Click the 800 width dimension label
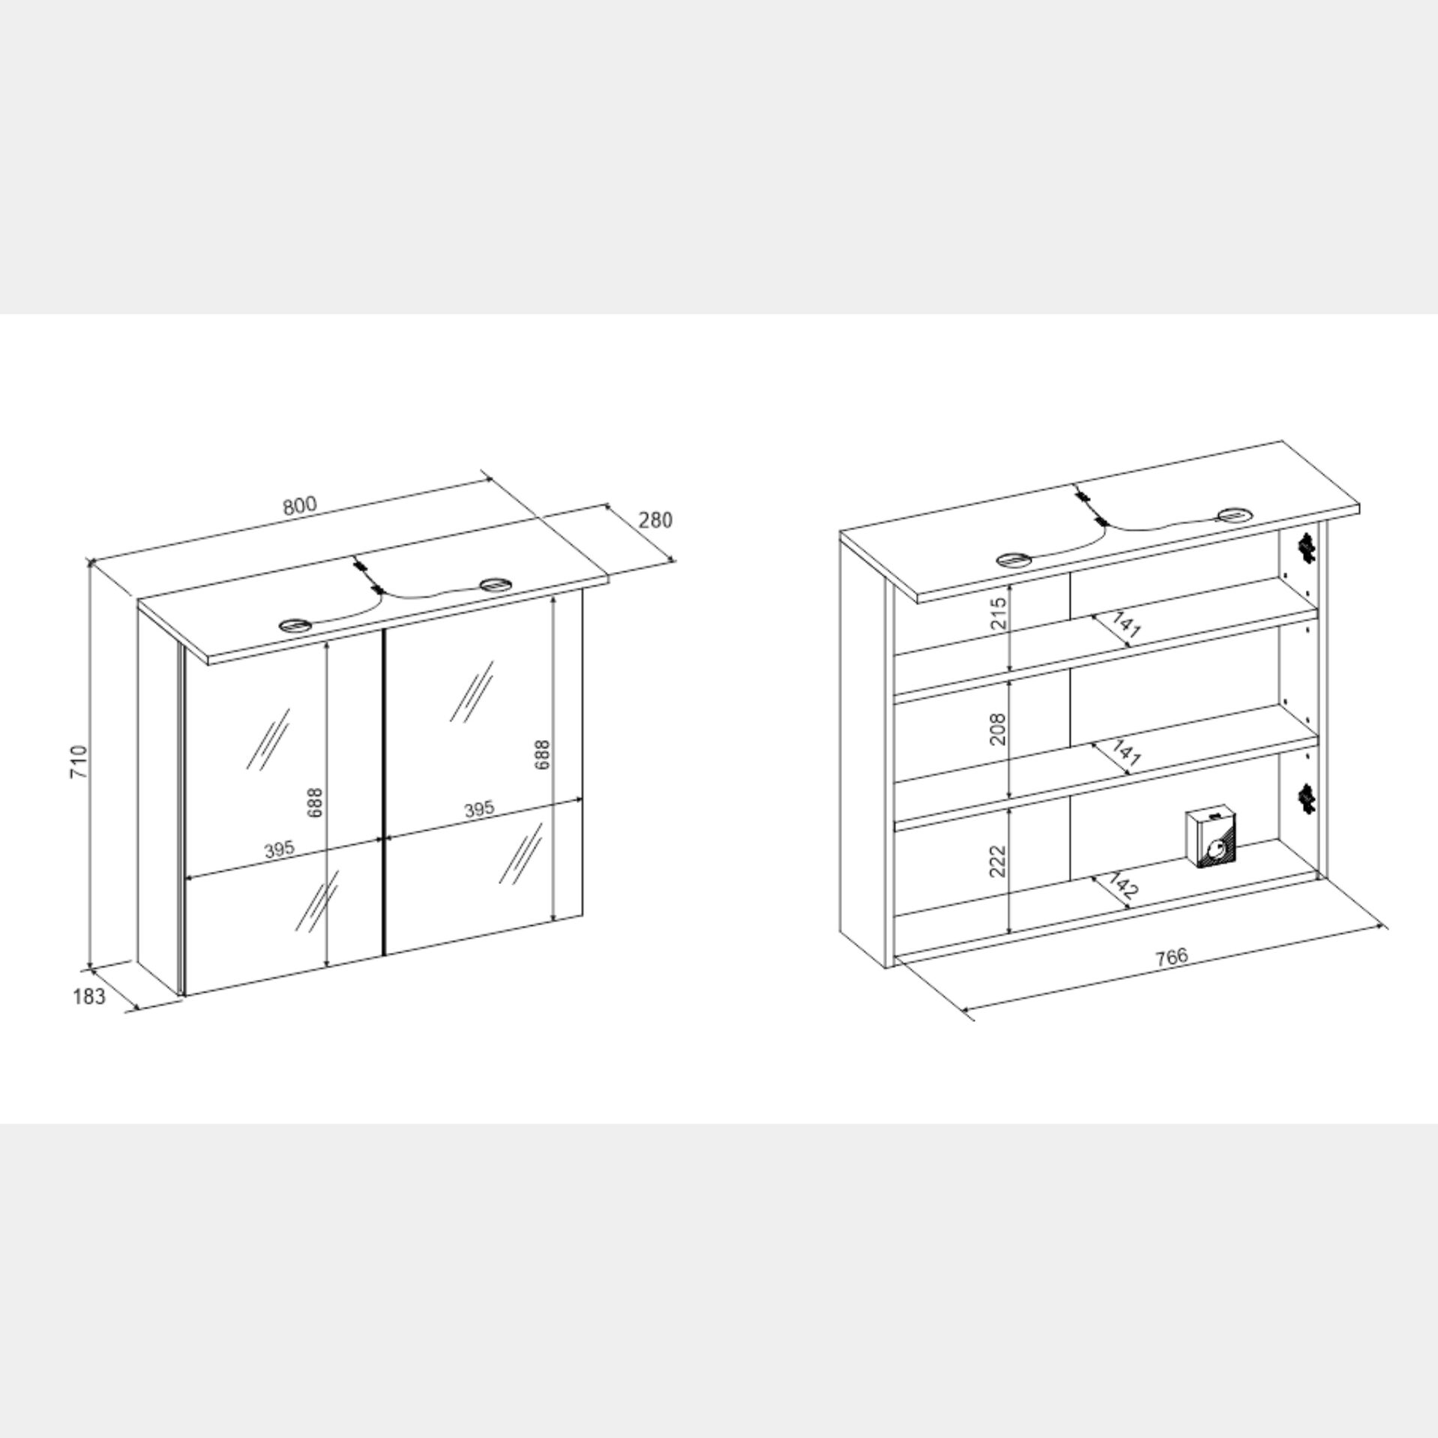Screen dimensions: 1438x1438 301,505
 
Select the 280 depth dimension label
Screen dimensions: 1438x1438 656,520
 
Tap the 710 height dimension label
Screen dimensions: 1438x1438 79,761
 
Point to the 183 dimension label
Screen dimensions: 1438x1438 89,996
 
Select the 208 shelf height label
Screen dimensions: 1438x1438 998,729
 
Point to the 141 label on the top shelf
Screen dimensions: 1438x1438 1125,625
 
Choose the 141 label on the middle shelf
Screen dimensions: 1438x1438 1125,754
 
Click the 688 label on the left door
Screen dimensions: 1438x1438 316,801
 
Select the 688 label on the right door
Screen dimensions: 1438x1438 543,755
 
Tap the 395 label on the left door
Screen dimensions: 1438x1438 279,850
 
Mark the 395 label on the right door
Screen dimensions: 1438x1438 479,810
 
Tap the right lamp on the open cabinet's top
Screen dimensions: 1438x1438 1235,514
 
